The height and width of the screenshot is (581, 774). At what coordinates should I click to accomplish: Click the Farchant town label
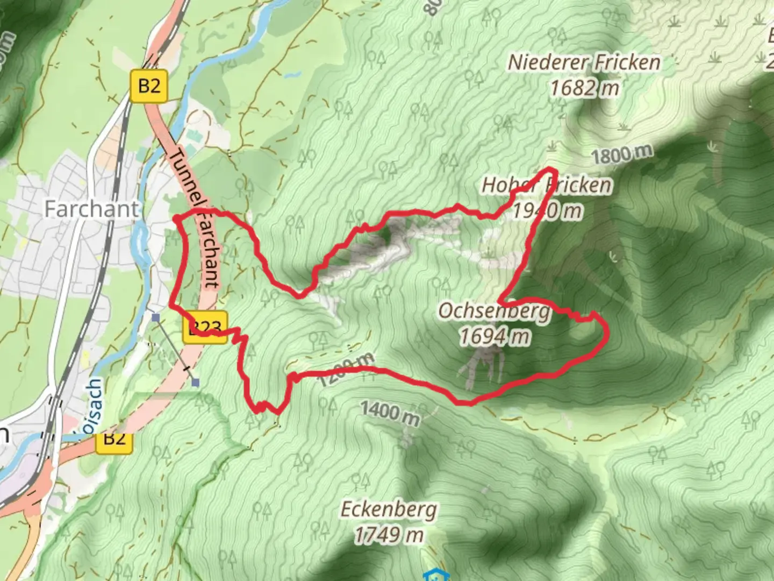[91, 209]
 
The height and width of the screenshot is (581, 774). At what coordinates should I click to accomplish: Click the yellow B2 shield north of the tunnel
[149, 86]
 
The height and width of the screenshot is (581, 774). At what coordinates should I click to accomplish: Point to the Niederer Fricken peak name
[584, 62]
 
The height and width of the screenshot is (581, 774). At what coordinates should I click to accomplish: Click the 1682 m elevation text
[584, 88]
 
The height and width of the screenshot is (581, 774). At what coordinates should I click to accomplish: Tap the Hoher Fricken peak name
[546, 185]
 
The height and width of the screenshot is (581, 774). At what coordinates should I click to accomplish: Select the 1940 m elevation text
[547, 210]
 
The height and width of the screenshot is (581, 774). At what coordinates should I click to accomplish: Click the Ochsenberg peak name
[494, 311]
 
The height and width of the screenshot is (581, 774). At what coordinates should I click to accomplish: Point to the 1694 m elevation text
[494, 337]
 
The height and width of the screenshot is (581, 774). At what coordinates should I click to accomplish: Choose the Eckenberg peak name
[389, 509]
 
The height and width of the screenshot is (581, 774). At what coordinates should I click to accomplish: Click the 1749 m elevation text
[389, 535]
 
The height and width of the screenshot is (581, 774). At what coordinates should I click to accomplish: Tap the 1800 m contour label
[622, 155]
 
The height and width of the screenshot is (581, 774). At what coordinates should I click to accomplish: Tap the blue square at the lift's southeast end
[195, 382]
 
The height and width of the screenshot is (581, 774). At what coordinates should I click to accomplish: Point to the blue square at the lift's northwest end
[155, 318]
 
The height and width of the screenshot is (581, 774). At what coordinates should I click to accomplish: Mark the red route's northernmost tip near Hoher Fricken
[550, 170]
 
